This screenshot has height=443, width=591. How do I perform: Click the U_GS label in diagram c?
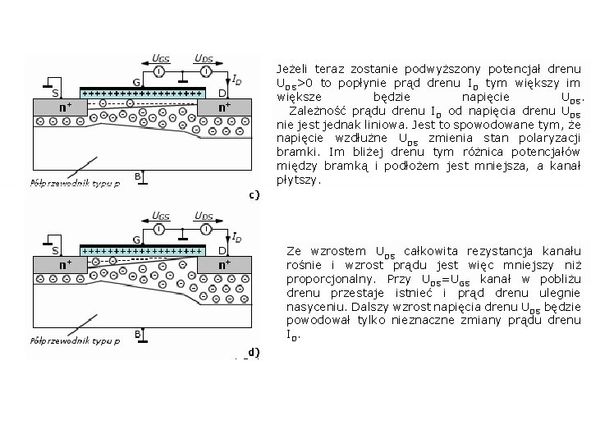tap(162, 58)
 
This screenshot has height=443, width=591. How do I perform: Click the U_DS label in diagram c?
tap(204, 58)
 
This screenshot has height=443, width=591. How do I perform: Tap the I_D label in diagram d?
tap(236, 238)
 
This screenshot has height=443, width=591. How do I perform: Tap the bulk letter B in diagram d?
tap(137, 334)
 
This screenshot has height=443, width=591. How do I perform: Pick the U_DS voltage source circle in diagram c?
tap(202, 72)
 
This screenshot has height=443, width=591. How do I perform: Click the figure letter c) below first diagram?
tap(254, 194)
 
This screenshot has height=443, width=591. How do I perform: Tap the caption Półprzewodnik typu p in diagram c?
tap(74, 182)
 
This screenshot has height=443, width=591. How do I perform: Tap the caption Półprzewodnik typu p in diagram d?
tap(74, 339)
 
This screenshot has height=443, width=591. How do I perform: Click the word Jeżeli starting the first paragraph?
tap(294, 69)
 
